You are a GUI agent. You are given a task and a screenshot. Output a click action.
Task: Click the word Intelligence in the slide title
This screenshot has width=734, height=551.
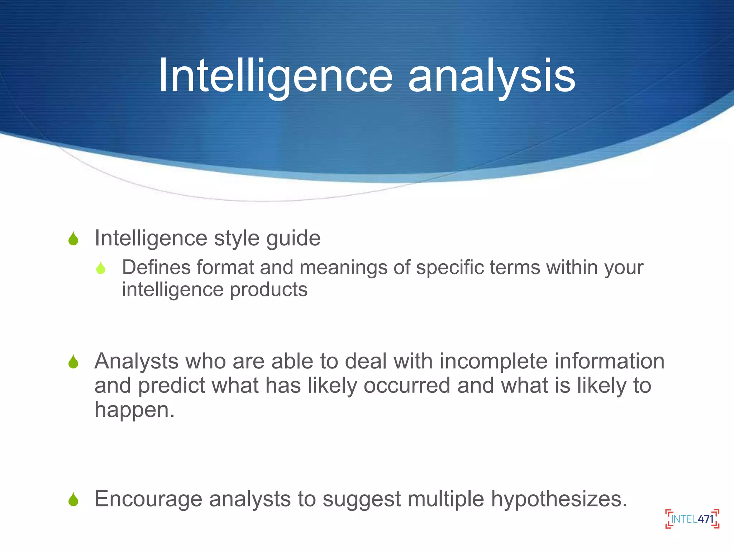(275, 76)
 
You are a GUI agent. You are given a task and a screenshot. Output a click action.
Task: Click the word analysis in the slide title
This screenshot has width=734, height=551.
(491, 76)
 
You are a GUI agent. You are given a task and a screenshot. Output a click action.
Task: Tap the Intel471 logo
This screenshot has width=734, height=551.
(692, 519)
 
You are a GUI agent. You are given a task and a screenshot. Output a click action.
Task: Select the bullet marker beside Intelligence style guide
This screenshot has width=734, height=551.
(73, 239)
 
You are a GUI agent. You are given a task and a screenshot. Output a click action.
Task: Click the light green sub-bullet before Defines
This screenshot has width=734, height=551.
(101, 268)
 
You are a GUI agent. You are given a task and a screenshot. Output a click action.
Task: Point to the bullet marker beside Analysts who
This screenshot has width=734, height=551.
(73, 362)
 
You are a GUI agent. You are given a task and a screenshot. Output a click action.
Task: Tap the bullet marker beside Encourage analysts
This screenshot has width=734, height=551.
(73, 499)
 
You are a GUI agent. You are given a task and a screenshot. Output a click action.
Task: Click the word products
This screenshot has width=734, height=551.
(268, 289)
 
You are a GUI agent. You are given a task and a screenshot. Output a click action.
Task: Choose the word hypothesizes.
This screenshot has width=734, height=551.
(559, 499)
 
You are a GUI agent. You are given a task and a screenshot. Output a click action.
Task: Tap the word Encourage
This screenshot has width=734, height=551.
(148, 499)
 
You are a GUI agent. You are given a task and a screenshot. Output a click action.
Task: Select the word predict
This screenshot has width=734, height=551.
(171, 385)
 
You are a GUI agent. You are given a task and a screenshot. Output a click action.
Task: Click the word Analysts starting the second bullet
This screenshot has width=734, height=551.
(136, 361)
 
